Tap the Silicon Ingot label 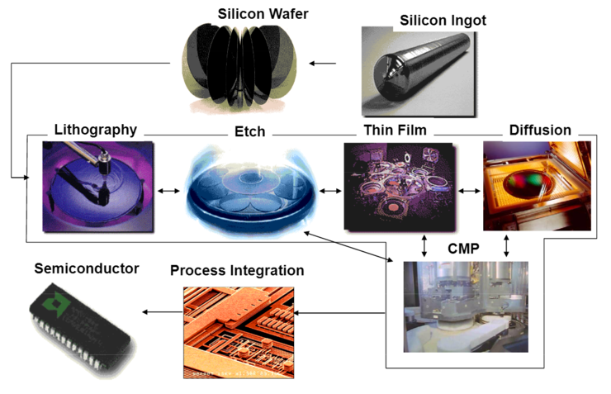tap(442, 20)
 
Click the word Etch tap(249, 131)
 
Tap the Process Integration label tap(237, 270)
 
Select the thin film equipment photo tap(399, 186)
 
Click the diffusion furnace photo tap(537, 185)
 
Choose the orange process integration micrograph tap(238, 331)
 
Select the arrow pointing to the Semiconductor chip tap(161, 312)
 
